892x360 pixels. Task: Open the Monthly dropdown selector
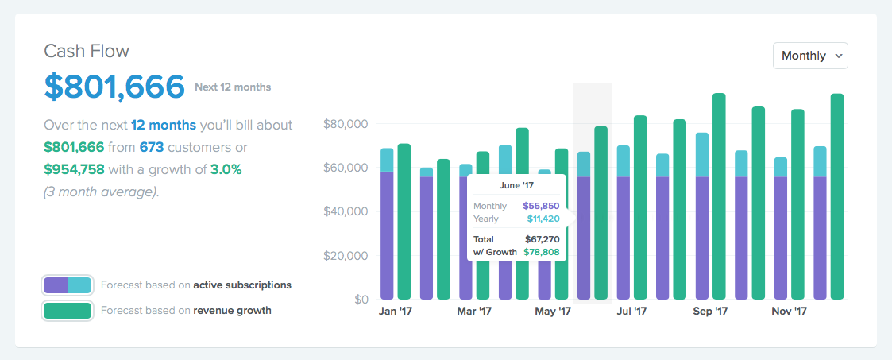[810, 56]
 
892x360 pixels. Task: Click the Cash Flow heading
[87, 52]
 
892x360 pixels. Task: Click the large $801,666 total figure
[114, 86]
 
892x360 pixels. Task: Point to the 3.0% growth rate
[226, 169]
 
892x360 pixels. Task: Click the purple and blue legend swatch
[68, 285]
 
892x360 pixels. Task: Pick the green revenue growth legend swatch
[68, 311]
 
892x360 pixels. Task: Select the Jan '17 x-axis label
[396, 312]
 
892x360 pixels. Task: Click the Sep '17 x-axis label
[710, 312]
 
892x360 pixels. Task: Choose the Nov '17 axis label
[789, 312]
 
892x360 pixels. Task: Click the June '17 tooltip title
[516, 186]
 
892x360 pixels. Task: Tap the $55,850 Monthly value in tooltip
[541, 206]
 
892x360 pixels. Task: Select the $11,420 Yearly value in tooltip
[543, 219]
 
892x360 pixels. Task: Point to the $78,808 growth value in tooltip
[541, 252]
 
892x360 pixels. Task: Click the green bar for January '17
[404, 223]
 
